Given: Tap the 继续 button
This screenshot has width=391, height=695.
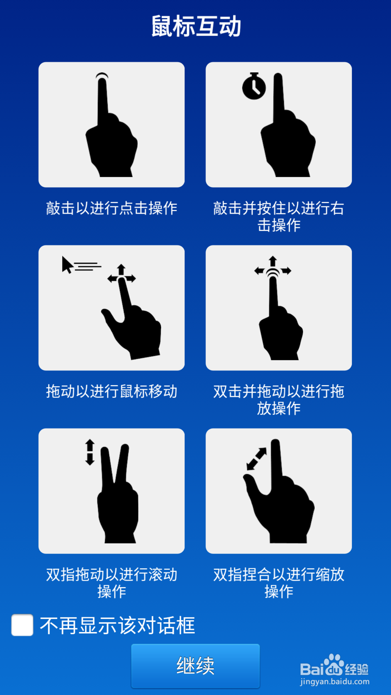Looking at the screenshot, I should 195,666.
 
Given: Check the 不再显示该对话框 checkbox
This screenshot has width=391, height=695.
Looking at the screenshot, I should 22,625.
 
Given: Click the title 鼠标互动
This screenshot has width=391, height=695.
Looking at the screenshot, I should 196,26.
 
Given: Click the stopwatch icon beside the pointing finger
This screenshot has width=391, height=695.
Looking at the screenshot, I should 254,86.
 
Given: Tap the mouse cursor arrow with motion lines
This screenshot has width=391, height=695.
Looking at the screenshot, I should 68,265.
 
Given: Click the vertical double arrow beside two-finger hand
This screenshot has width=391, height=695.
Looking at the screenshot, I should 90,452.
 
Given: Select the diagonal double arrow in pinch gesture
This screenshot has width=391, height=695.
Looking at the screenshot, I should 256,459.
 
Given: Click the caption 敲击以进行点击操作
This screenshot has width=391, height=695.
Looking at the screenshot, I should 111,208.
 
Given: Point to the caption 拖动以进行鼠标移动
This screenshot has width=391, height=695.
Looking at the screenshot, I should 111,391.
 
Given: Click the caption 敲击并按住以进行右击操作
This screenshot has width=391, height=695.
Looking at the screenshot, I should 278,216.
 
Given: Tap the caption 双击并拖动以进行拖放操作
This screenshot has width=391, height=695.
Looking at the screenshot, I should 278,399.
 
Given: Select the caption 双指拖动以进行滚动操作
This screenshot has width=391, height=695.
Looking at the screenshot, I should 111,582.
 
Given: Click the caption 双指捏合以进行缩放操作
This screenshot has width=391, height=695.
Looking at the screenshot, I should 278,582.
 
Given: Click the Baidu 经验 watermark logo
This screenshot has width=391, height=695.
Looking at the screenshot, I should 334,666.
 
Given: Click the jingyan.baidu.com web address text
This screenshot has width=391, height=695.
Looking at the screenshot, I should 335,682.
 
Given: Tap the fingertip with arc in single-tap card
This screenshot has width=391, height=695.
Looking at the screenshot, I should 102,78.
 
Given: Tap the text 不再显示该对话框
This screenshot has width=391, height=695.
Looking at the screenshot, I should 117,625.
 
